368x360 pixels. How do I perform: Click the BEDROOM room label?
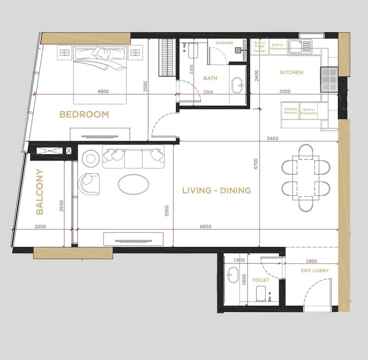[x=84, y=114]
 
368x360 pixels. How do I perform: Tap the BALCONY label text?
[x=40, y=192]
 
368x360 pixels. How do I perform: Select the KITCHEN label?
[x=292, y=72]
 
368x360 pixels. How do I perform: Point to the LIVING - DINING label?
[x=217, y=190]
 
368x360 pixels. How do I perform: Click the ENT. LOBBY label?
[x=315, y=270]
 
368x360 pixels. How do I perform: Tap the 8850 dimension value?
[x=206, y=227]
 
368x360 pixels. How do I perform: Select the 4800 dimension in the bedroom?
[x=103, y=91]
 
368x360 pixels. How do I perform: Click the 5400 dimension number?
[x=272, y=138]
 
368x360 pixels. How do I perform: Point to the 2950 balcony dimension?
[x=62, y=206]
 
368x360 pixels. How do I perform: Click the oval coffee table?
[x=133, y=184]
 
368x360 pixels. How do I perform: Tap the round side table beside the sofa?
[x=91, y=159]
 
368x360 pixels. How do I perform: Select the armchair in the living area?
[x=89, y=183]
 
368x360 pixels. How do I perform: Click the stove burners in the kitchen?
[x=329, y=80]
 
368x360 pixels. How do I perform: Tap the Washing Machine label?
[x=291, y=111]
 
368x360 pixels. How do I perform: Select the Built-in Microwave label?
[x=278, y=47]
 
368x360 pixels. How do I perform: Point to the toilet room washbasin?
[x=233, y=274]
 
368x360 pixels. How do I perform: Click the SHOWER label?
[x=224, y=43]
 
